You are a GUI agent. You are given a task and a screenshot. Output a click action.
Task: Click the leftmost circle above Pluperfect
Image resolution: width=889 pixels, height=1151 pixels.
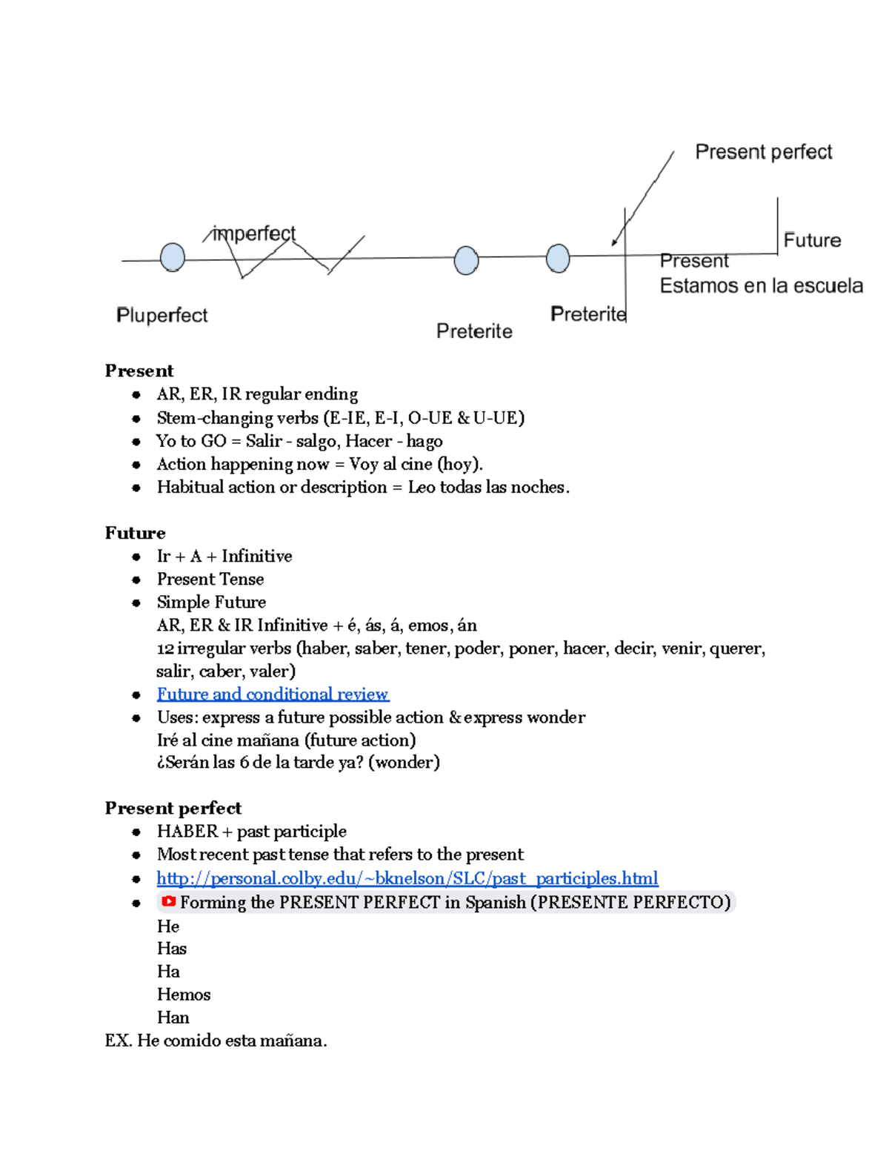pyautogui.click(x=173, y=257)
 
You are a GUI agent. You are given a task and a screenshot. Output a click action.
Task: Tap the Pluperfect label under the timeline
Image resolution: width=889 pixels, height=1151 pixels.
pyautogui.click(x=162, y=316)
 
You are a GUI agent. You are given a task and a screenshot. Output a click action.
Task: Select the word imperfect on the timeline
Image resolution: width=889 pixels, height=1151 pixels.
pyautogui.click(x=254, y=234)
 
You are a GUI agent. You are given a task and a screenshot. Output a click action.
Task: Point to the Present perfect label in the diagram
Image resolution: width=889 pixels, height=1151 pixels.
pyautogui.click(x=763, y=153)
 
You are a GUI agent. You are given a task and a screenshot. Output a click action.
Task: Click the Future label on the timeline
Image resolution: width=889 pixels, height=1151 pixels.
pyautogui.click(x=812, y=241)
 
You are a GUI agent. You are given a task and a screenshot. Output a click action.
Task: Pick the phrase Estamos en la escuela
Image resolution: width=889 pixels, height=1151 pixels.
pyautogui.click(x=761, y=286)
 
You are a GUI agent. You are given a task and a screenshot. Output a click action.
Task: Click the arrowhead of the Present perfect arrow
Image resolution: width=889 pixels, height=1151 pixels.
pyautogui.click(x=614, y=242)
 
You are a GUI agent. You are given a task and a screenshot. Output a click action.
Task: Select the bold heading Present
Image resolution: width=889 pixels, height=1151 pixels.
pyautogui.click(x=139, y=371)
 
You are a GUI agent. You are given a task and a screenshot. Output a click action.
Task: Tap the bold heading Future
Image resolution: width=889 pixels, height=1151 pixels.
pyautogui.click(x=135, y=533)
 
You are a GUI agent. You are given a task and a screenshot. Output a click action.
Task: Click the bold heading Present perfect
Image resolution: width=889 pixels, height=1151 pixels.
pyautogui.click(x=173, y=808)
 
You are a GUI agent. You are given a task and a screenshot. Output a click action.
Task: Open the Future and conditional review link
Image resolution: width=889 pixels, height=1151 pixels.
pyautogui.click(x=273, y=694)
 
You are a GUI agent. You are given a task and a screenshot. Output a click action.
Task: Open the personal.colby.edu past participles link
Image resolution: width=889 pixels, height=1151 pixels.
pyautogui.click(x=407, y=878)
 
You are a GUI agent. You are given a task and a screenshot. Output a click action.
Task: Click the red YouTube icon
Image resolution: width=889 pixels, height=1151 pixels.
pyautogui.click(x=169, y=901)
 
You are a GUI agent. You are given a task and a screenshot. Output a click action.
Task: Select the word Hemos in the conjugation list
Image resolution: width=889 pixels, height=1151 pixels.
pyautogui.click(x=184, y=995)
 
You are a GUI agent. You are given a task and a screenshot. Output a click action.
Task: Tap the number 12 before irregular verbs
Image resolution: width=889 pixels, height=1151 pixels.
pyautogui.click(x=164, y=649)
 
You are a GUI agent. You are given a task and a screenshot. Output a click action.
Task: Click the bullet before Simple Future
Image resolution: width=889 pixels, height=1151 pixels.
pyautogui.click(x=136, y=603)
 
